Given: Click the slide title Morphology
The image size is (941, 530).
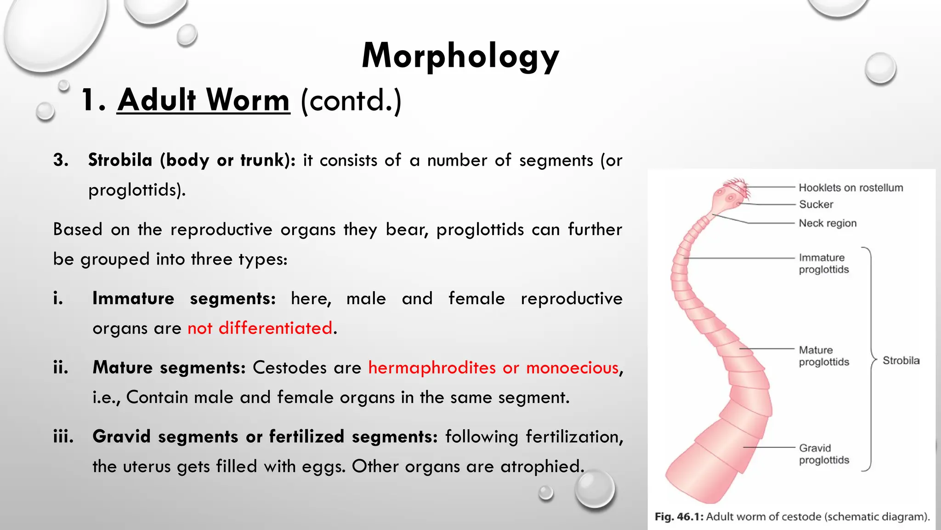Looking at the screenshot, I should click(460, 56).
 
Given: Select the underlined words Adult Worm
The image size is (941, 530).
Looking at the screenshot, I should click(204, 100).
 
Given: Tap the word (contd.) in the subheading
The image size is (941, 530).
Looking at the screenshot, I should click(351, 100).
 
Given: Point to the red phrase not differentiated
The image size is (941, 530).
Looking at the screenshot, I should click(260, 328).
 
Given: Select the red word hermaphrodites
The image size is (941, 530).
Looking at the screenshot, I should click(432, 368).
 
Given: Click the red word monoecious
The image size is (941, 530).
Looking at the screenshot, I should click(572, 368).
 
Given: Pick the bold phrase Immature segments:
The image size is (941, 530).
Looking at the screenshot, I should click(184, 299).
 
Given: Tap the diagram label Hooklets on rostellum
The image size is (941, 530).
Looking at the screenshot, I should click(850, 188).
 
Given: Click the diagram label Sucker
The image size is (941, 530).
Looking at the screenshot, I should click(816, 204).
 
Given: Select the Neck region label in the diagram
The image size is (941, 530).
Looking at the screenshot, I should click(828, 223).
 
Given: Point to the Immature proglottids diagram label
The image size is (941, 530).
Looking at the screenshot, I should click(823, 264).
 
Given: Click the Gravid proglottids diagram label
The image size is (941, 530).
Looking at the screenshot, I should click(823, 454).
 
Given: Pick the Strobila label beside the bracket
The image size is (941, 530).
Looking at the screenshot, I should click(901, 361).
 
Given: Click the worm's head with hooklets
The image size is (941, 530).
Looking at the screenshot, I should click(731, 196).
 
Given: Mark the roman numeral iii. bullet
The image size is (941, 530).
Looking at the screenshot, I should click(63, 437).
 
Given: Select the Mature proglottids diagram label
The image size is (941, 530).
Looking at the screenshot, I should click(823, 356).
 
